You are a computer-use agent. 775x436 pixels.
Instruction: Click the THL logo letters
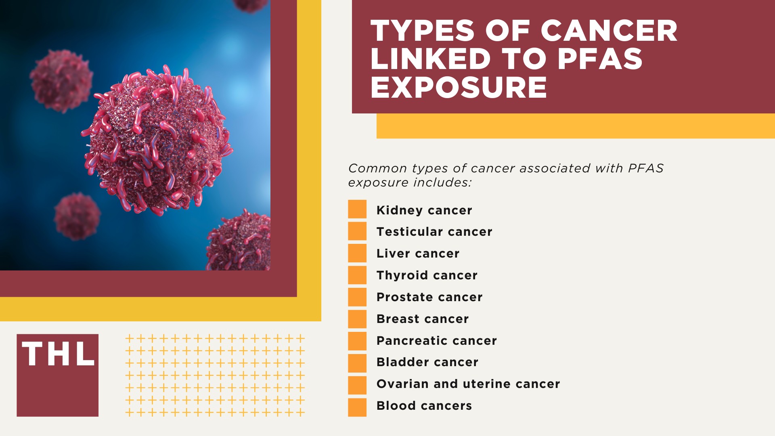click(x=58, y=354)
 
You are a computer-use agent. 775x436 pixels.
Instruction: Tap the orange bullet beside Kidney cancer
click(x=357, y=209)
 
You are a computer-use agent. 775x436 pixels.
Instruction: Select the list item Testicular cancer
click(x=434, y=232)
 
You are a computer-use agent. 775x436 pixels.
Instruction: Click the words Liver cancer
click(x=418, y=254)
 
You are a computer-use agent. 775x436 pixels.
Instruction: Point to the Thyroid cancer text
click(x=427, y=275)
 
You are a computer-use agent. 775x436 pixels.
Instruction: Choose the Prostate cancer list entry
click(x=429, y=297)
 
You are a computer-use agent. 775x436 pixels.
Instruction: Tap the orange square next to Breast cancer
click(x=357, y=319)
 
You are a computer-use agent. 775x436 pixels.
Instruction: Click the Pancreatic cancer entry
click(x=436, y=341)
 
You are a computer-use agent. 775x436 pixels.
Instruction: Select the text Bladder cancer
click(x=427, y=362)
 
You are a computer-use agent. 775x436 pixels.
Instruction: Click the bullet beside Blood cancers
click(x=357, y=407)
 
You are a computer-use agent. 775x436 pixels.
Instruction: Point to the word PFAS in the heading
click(x=600, y=59)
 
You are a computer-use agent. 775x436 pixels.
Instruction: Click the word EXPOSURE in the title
click(x=459, y=87)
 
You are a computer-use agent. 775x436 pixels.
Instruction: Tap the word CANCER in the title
click(x=609, y=31)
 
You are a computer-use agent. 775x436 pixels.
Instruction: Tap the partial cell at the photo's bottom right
click(x=240, y=242)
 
